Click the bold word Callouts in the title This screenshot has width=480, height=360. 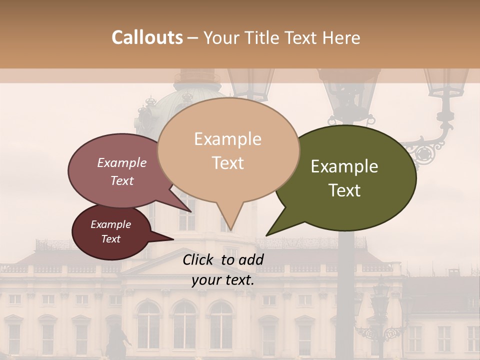tap(147, 37)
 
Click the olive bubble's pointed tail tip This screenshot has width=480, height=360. tap(267, 235)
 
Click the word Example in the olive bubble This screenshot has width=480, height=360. tap(344, 166)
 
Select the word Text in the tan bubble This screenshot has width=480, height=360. tap(228, 163)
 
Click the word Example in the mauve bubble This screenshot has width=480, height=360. tap(121, 162)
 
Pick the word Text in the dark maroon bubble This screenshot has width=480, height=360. tap(111, 239)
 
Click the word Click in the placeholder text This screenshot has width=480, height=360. tap(199, 259)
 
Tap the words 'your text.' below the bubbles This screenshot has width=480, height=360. tap(223, 280)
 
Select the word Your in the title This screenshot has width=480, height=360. tap(223, 37)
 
